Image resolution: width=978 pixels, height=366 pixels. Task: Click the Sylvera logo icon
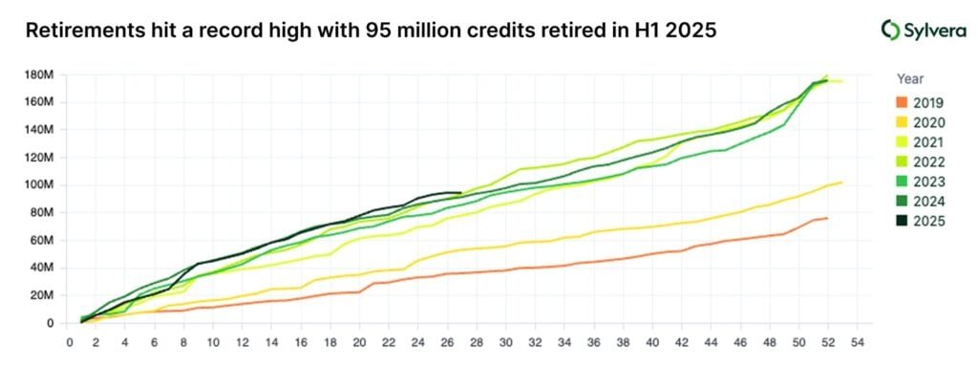coord(890,30)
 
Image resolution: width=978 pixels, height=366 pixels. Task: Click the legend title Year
coord(910,79)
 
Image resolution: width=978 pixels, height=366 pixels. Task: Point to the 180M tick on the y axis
coord(39,74)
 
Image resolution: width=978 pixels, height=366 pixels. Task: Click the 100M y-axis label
coord(39,184)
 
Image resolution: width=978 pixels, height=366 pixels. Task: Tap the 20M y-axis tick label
coord(42,295)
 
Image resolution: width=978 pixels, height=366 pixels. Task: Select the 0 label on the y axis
coord(50,323)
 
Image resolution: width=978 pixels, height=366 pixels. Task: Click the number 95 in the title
coord(379,30)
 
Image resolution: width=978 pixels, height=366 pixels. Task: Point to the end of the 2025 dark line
coord(461,193)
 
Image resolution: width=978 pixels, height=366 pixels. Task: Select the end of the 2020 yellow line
coord(841,183)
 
